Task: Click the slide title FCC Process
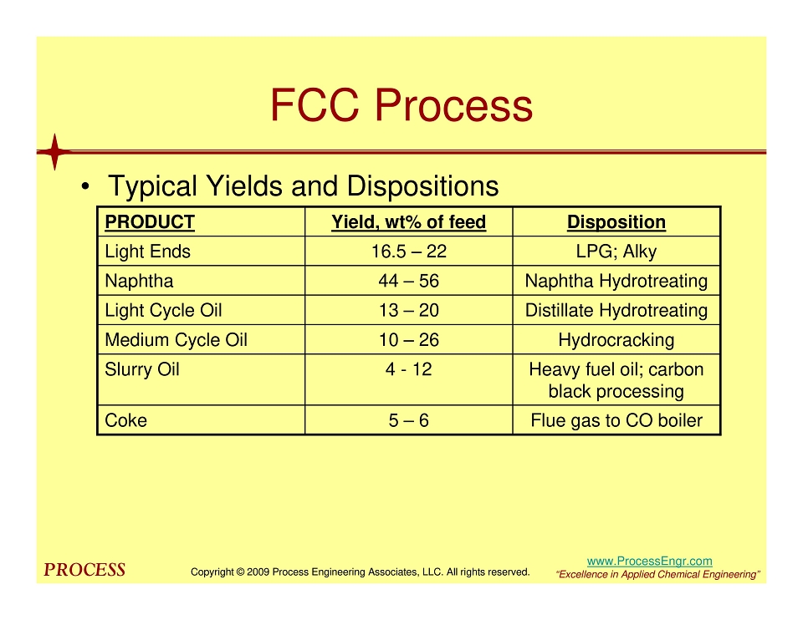[401, 105]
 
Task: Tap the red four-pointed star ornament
[55, 151]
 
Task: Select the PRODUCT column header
[150, 222]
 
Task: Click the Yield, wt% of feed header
[409, 222]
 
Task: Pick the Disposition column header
[616, 222]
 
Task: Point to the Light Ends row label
[147, 252]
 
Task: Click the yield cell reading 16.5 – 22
[409, 252]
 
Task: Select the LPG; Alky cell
[616, 252]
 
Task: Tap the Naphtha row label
[139, 281]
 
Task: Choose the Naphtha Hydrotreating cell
[616, 281]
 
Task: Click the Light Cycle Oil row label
[163, 311]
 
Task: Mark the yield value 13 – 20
[409, 311]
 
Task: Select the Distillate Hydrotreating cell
[616, 311]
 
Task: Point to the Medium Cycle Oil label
[176, 340]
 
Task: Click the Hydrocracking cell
[616, 340]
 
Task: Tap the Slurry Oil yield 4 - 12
[409, 369]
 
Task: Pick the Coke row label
[125, 420]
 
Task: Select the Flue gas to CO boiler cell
[616, 420]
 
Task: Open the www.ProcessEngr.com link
[649, 562]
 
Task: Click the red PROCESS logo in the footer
[84, 570]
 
